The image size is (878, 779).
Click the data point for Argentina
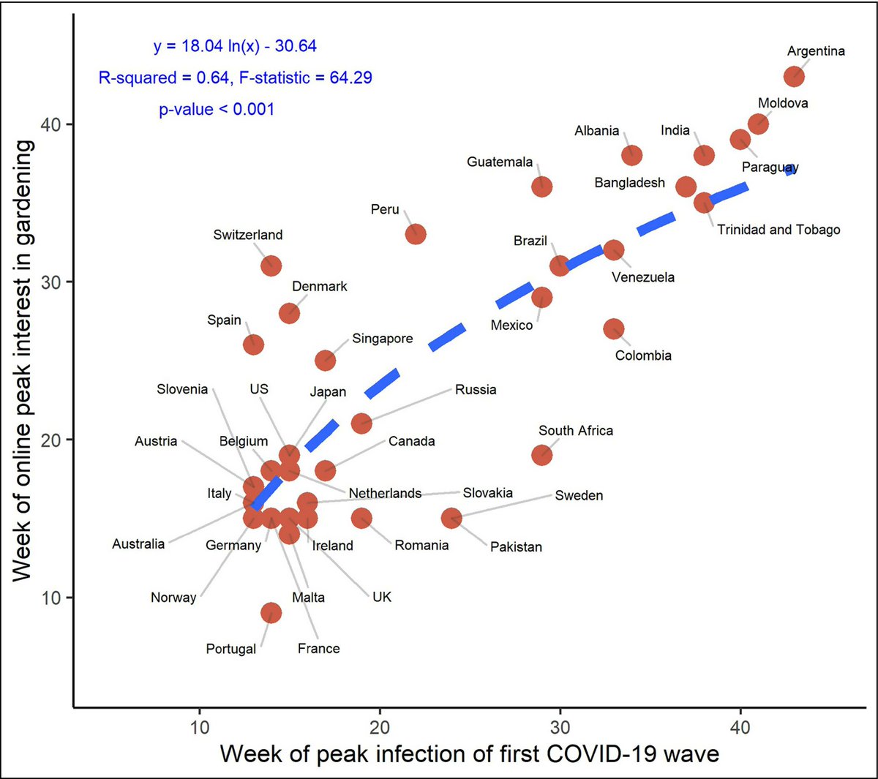(x=794, y=77)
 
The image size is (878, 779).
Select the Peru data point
(x=416, y=235)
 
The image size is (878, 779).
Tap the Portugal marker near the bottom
(x=271, y=613)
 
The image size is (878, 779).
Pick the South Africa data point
(x=542, y=455)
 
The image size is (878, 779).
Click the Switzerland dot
(x=271, y=266)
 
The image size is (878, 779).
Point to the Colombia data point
(x=614, y=329)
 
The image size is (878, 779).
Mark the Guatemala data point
(x=541, y=187)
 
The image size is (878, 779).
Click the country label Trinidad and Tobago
(x=778, y=230)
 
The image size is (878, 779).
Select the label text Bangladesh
(x=629, y=183)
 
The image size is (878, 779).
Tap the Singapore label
(x=382, y=339)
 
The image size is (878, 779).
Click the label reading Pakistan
(x=516, y=547)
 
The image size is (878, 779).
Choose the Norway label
(x=173, y=598)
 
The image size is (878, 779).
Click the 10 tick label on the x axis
(x=200, y=727)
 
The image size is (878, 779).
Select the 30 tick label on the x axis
(x=560, y=727)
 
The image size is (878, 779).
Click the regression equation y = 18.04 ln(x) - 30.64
(x=235, y=46)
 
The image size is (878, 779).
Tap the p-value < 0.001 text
(x=217, y=110)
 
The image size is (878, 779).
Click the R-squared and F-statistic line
(x=235, y=78)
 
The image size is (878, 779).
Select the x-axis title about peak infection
(x=469, y=753)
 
